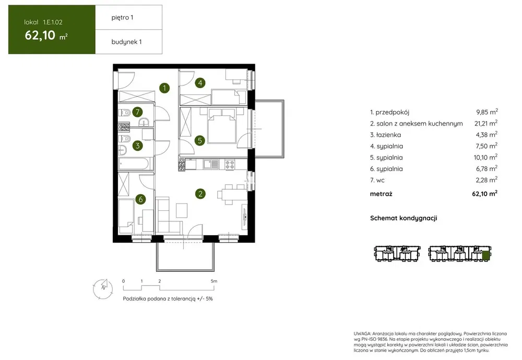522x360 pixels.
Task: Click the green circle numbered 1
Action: (x=164, y=88)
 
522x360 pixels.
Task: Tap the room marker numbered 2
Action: (x=200, y=194)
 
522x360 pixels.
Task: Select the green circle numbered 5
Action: (x=200, y=140)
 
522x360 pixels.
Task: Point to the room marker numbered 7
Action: (x=137, y=112)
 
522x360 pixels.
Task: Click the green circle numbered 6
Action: (x=140, y=199)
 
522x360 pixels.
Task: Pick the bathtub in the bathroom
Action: (x=134, y=164)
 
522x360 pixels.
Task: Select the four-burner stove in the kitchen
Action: (x=230, y=164)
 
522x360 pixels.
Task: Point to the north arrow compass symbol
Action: (x=103, y=289)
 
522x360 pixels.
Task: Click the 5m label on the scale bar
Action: (x=213, y=281)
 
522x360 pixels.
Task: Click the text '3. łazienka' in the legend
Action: (x=386, y=135)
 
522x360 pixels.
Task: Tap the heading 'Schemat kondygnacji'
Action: (x=404, y=218)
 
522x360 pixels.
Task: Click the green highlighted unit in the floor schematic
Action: (x=486, y=256)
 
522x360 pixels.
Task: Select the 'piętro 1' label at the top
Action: (x=122, y=18)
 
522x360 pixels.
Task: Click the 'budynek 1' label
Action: (x=126, y=42)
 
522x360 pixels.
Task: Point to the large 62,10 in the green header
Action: (x=40, y=35)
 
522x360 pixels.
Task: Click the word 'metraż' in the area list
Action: (x=381, y=194)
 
